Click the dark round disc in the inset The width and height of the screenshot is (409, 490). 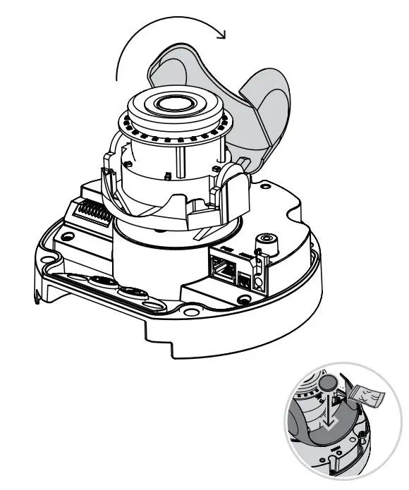point(327,385)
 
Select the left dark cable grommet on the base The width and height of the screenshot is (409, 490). point(103,281)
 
